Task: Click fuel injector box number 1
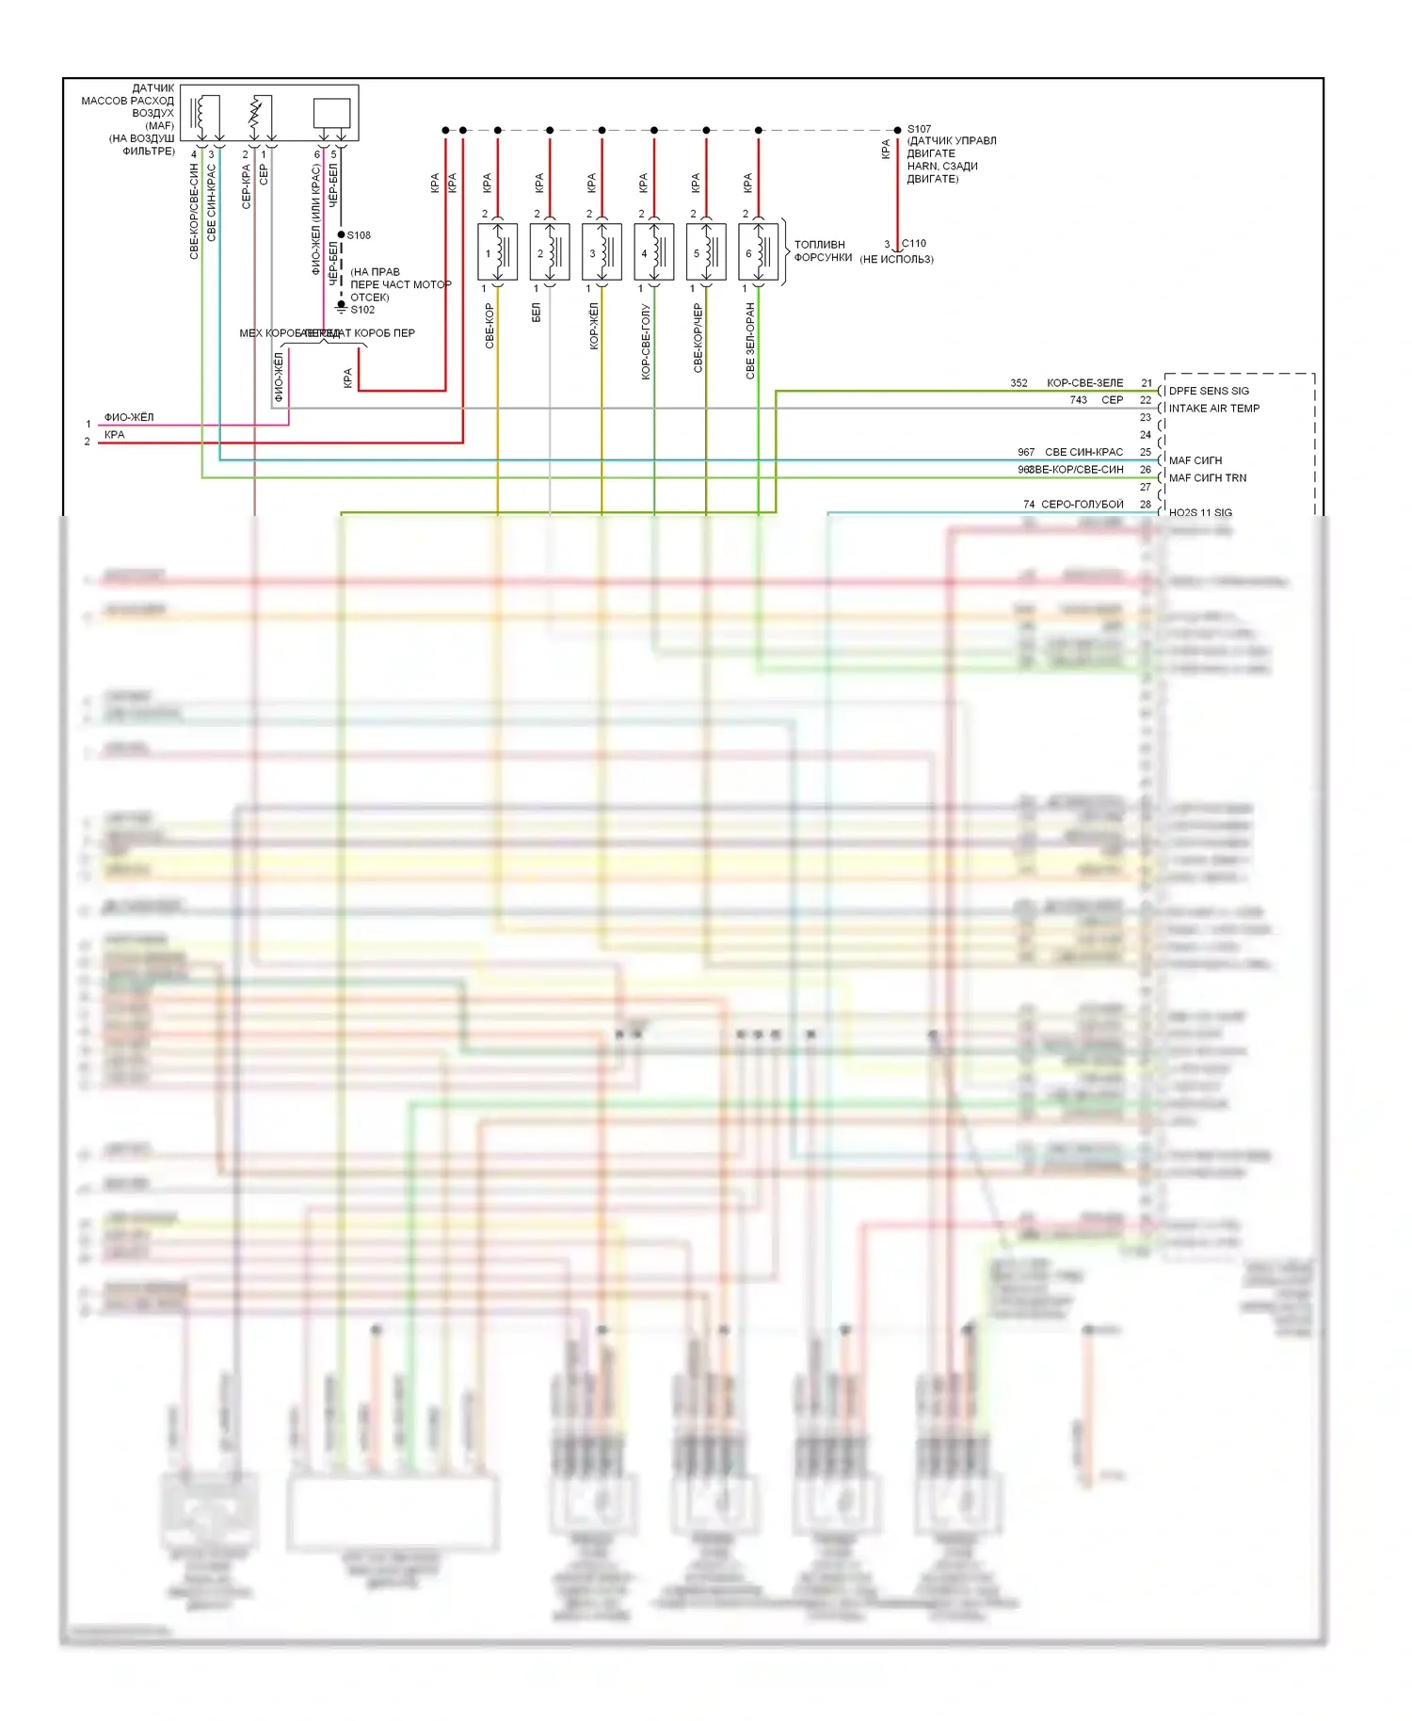498,252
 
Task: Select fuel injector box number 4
654,252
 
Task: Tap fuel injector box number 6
759,252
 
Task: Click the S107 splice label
919,129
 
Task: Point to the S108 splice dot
341,234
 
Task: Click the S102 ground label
362,310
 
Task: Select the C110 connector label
914,244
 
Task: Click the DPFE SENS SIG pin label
1209,391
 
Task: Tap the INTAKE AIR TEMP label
1213,409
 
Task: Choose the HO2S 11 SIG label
1200,512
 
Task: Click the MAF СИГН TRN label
1207,478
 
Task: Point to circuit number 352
1019,383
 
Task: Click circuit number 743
1078,400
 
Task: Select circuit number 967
1025,453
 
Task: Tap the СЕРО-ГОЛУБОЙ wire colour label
1082,505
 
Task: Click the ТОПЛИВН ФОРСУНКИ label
822,250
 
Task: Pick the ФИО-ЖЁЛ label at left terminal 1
129,417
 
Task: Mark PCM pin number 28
1146,505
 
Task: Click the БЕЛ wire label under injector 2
537,313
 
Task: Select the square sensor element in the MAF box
331,113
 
